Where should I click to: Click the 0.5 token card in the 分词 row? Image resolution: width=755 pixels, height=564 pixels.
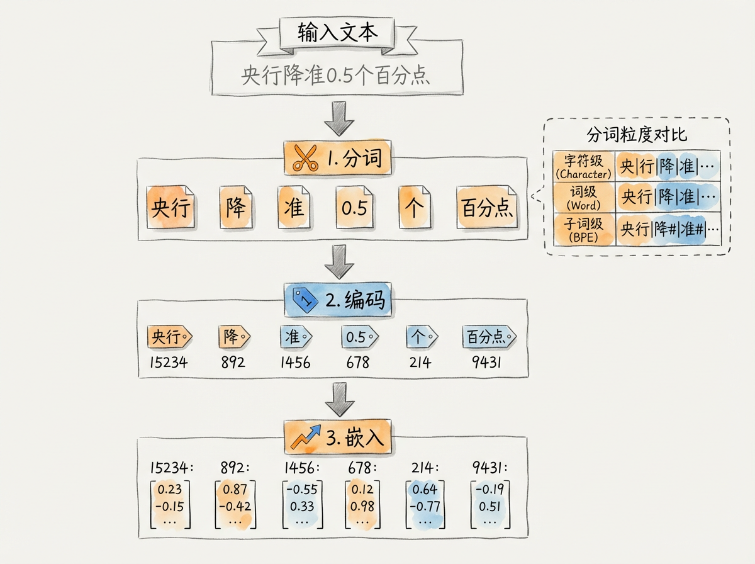point(354,208)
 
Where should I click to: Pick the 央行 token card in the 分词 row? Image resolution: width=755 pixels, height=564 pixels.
point(171,208)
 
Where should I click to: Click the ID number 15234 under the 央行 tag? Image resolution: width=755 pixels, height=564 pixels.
point(169,363)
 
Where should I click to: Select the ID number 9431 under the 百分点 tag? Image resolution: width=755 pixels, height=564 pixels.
point(489,363)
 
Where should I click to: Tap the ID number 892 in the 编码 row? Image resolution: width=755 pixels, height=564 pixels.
point(233,363)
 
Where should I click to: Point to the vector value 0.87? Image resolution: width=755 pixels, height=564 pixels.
point(235,490)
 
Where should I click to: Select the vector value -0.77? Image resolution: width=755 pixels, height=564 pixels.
point(425,505)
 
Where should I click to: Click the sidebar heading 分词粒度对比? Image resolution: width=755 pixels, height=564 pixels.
point(637,135)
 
